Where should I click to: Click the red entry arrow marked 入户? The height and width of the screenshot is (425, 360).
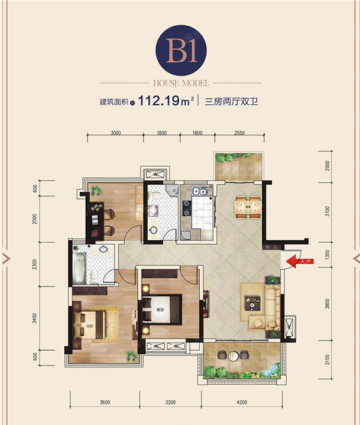pos(296,261)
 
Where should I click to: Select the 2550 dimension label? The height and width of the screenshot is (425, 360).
pos(239,133)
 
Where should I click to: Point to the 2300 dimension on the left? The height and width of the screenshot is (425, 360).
pos(35,264)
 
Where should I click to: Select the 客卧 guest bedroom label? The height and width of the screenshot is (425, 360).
pos(160,310)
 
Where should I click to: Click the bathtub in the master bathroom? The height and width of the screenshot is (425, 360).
pos(79,268)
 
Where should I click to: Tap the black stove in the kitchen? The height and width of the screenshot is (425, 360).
pos(185,209)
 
